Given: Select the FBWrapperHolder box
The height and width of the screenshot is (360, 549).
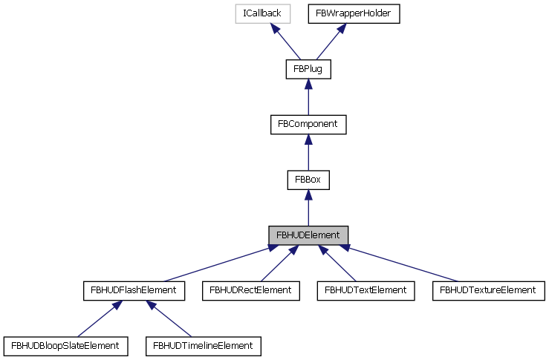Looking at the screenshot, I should pos(354,13).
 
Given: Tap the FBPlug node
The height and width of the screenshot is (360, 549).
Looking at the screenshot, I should pos(308,69).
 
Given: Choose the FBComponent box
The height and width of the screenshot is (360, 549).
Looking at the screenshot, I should pos(308,124).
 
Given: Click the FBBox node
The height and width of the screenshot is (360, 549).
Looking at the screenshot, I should pos(308,180).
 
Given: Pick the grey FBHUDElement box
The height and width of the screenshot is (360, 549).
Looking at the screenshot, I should pos(308,235).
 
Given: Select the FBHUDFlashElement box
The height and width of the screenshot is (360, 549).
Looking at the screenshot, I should pos(134,290).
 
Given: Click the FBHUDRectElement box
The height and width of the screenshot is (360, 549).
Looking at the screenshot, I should pos(251,290).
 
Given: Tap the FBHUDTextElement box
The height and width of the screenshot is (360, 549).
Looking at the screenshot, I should pos(366,290).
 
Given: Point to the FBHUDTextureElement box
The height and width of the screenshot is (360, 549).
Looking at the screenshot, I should pos(487,290).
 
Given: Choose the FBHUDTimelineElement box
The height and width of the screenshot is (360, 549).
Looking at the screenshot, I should pos(203,345).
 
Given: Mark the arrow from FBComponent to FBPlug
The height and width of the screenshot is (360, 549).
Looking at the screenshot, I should pos(308,97).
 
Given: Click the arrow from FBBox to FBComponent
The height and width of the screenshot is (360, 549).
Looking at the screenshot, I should pos(308,152).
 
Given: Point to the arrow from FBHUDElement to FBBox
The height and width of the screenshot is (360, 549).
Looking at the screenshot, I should pos(308,208).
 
